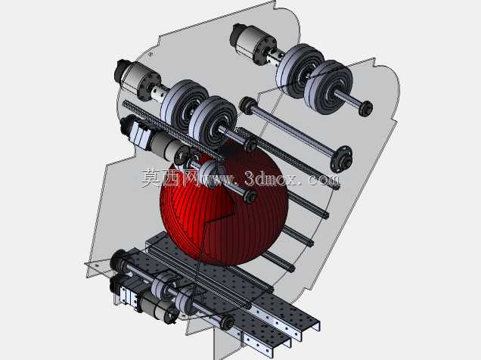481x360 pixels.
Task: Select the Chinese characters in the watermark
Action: point(169,178)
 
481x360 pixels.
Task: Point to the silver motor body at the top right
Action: point(252,42)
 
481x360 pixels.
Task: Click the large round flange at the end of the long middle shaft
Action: point(341,159)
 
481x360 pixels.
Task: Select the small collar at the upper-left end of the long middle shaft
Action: point(247,105)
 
